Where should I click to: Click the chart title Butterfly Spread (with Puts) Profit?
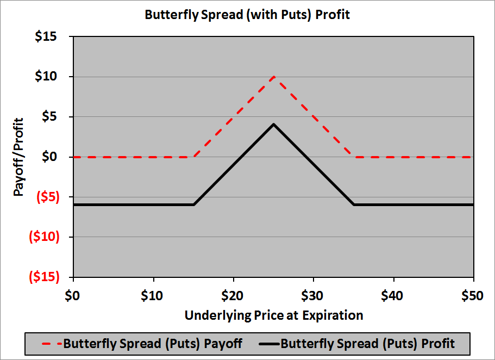247,15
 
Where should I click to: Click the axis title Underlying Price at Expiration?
273,315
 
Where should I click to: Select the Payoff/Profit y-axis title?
18,157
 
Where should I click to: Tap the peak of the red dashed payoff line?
274,77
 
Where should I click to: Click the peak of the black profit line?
274,125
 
